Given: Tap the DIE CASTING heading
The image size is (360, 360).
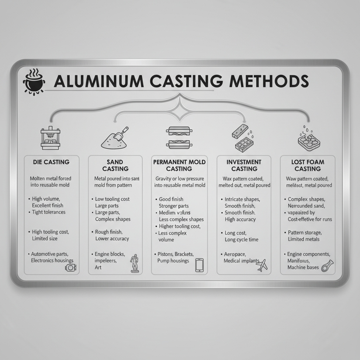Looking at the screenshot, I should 51,162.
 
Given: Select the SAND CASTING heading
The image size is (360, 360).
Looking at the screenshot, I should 115,165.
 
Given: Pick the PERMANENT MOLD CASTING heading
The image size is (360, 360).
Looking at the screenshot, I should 179,165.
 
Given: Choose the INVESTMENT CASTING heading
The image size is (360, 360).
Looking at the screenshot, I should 244,165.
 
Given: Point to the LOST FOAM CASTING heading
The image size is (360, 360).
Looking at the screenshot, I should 307,165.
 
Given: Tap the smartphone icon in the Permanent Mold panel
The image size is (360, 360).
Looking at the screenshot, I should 199,265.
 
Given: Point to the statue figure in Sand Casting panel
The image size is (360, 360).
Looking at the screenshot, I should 134,263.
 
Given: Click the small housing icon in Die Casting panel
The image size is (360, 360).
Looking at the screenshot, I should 70,268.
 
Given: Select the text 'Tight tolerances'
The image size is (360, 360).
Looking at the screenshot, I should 49,212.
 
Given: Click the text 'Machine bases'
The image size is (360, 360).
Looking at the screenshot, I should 303,267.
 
